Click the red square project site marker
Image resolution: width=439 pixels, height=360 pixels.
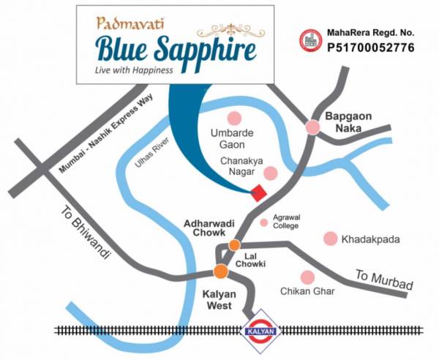pos(258,192)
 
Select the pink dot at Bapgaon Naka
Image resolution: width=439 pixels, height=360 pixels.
pos(312,127)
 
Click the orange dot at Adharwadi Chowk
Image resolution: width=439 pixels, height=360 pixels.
pos(234,245)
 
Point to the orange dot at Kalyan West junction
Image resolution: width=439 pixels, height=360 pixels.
pos(220,271)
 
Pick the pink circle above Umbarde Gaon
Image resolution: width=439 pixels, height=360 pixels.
pos(234,118)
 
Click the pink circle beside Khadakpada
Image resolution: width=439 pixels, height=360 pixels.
pos(331,239)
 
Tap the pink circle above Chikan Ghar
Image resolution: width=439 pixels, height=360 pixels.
pos(307,277)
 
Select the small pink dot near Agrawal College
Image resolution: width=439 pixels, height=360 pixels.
pos(264,223)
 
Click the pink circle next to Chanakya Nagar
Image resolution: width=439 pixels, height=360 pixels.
pos(271,173)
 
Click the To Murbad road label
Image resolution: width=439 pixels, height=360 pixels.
pos(384,280)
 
